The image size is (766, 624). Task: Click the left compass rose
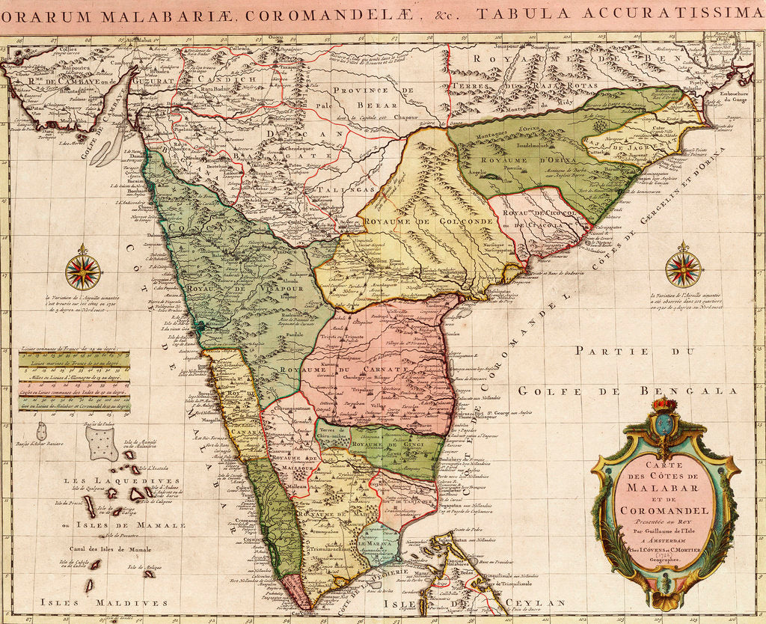[x=82, y=271]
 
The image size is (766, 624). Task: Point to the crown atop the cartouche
[x=664, y=405]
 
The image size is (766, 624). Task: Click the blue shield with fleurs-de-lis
[x=664, y=424]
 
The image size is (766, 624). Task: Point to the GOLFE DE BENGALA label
[x=627, y=391]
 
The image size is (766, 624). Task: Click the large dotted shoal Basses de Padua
[x=102, y=443]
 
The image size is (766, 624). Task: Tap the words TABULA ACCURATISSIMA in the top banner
[x=620, y=13]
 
